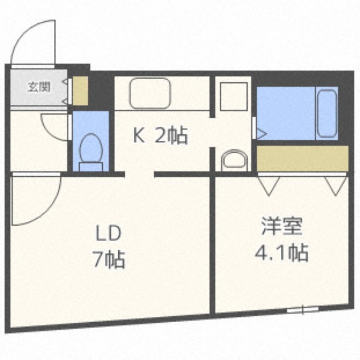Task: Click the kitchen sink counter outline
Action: [x=150, y=93]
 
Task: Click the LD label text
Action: [x=108, y=234]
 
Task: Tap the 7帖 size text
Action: [x=108, y=260]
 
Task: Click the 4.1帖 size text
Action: [x=282, y=253]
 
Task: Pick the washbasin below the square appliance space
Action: [x=234, y=160]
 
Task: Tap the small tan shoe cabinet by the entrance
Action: [x=81, y=91]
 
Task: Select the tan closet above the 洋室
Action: [x=302, y=158]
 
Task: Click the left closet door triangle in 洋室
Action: [x=269, y=185]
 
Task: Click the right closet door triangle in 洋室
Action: [x=336, y=185]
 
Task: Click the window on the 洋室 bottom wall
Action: [x=302, y=310]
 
